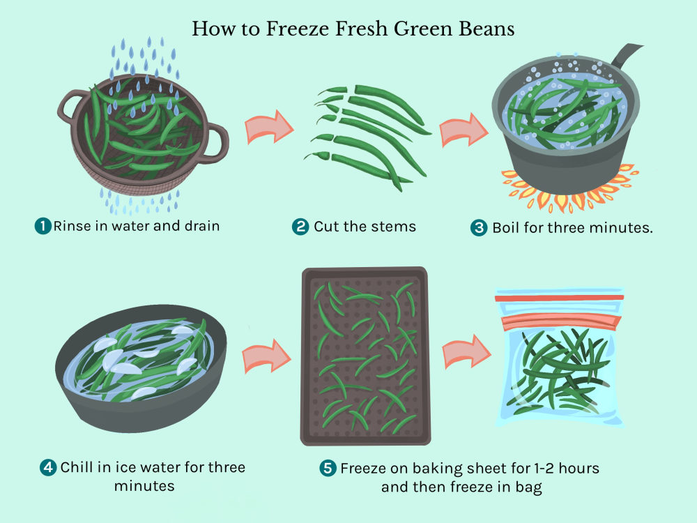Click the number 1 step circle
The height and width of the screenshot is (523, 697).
[x=43, y=226]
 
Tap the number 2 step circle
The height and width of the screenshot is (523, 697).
[x=300, y=227]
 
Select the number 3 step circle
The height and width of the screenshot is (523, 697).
[x=479, y=228]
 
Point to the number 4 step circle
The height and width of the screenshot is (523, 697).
[x=48, y=467]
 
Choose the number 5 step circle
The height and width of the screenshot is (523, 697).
[x=328, y=468]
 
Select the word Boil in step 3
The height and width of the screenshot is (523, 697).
[x=506, y=228]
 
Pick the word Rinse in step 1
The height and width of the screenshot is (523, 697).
[x=72, y=226]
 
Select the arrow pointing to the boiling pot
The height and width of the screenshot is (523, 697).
[x=464, y=130]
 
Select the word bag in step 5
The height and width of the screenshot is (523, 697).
[x=528, y=487]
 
